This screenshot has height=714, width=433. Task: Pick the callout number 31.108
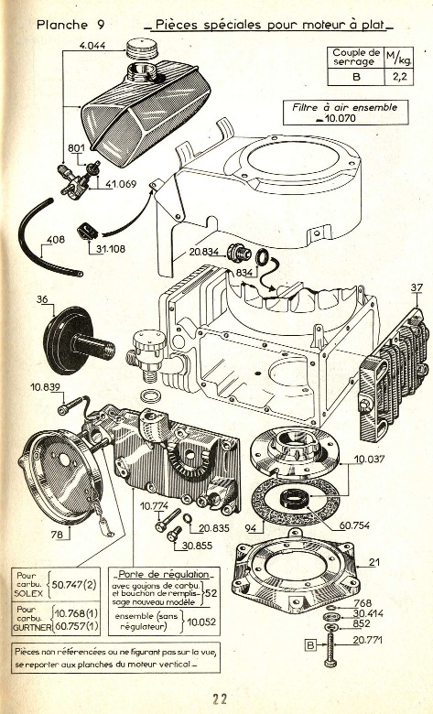[107, 247]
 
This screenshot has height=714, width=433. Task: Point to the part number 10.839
[45, 387]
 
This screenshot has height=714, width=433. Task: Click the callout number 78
[59, 534]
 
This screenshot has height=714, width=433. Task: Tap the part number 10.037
[370, 458]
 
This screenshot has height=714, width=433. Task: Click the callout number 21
[374, 562]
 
